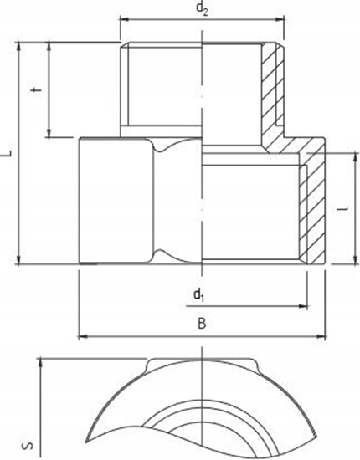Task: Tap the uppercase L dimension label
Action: click(x=7, y=153)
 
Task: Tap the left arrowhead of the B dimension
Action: click(x=82, y=336)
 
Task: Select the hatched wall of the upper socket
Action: click(x=271, y=92)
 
